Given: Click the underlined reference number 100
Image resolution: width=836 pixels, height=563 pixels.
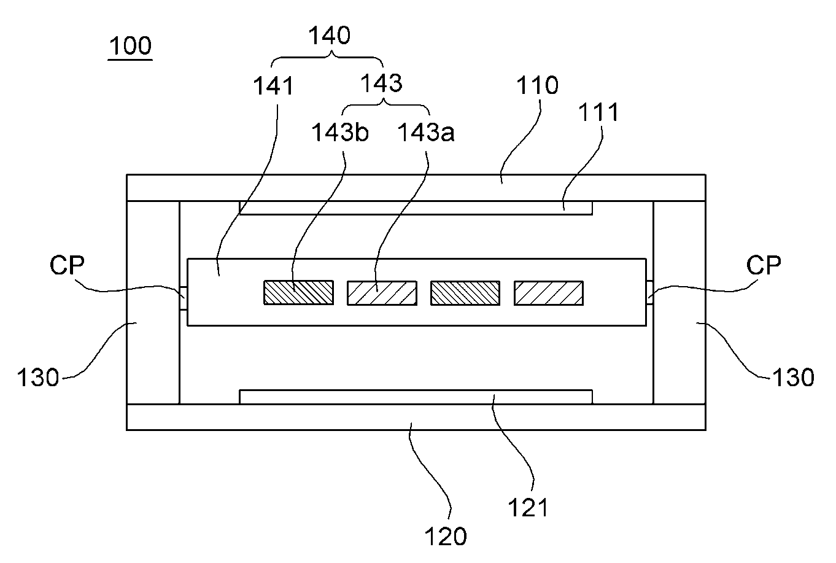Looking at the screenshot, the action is click(130, 46).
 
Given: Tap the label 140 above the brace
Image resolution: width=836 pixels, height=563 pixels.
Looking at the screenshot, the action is click(330, 36).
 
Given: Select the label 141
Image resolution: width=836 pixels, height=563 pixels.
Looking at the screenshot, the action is click(274, 86).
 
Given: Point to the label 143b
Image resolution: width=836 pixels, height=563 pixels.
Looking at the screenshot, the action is click(340, 132).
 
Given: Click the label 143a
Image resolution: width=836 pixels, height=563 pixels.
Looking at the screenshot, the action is click(426, 132).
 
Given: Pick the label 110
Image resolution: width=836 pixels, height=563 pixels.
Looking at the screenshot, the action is click(538, 85).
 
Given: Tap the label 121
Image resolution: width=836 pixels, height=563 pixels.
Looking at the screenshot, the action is click(528, 508).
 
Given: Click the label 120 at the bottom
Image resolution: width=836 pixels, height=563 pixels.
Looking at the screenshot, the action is click(446, 537).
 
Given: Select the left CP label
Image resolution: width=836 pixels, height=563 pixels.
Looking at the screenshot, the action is click(67, 265).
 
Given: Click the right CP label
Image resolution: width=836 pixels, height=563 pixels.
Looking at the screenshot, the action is click(764, 265).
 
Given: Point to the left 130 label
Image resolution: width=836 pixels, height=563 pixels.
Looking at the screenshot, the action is click(38, 377).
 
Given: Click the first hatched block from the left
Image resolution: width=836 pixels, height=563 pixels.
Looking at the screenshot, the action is click(298, 293).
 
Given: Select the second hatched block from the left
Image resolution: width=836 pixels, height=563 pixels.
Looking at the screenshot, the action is click(382, 293).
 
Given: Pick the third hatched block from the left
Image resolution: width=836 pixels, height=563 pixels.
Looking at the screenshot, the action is click(465, 293).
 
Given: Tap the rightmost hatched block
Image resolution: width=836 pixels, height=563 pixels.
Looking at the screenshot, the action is click(549, 293).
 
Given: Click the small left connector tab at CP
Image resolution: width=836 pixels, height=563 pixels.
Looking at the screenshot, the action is click(184, 298).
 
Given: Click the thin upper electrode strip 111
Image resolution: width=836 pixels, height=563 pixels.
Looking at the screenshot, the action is click(416, 208).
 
